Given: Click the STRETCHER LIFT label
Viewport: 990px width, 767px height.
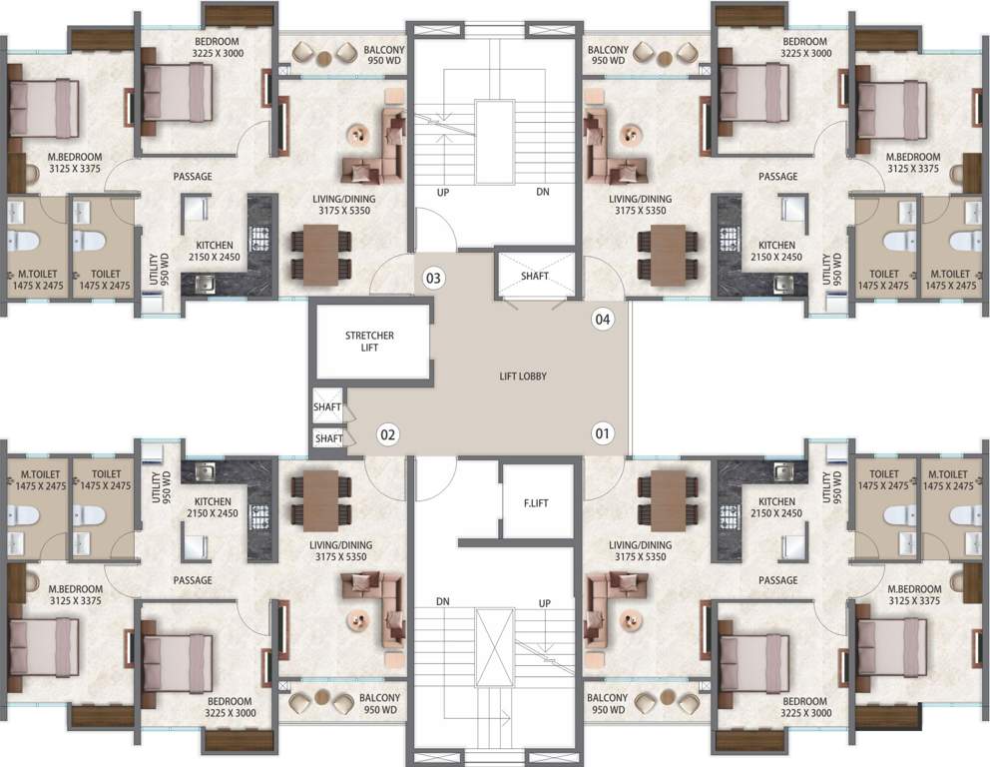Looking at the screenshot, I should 369,342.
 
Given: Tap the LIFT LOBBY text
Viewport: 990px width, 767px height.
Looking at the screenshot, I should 524,377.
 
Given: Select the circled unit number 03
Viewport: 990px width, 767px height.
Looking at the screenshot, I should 433,277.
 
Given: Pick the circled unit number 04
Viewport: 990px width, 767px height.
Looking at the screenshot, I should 602,320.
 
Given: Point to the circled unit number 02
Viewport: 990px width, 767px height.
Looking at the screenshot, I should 388,434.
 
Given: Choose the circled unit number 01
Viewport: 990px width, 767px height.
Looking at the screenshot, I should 602,433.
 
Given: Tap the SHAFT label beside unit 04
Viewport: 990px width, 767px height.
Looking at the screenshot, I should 535,277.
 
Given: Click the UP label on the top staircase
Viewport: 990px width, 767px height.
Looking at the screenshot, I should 442,191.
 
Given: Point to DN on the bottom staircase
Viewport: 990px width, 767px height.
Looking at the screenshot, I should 442,603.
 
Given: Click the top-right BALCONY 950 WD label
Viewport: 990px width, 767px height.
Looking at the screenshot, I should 608,56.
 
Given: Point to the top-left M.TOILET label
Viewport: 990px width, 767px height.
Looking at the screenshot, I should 34,279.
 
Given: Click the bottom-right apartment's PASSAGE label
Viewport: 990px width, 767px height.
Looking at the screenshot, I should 777,580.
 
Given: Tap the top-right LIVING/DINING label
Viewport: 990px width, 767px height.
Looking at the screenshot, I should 640,205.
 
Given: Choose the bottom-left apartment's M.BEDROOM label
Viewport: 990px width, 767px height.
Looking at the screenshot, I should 75,595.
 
